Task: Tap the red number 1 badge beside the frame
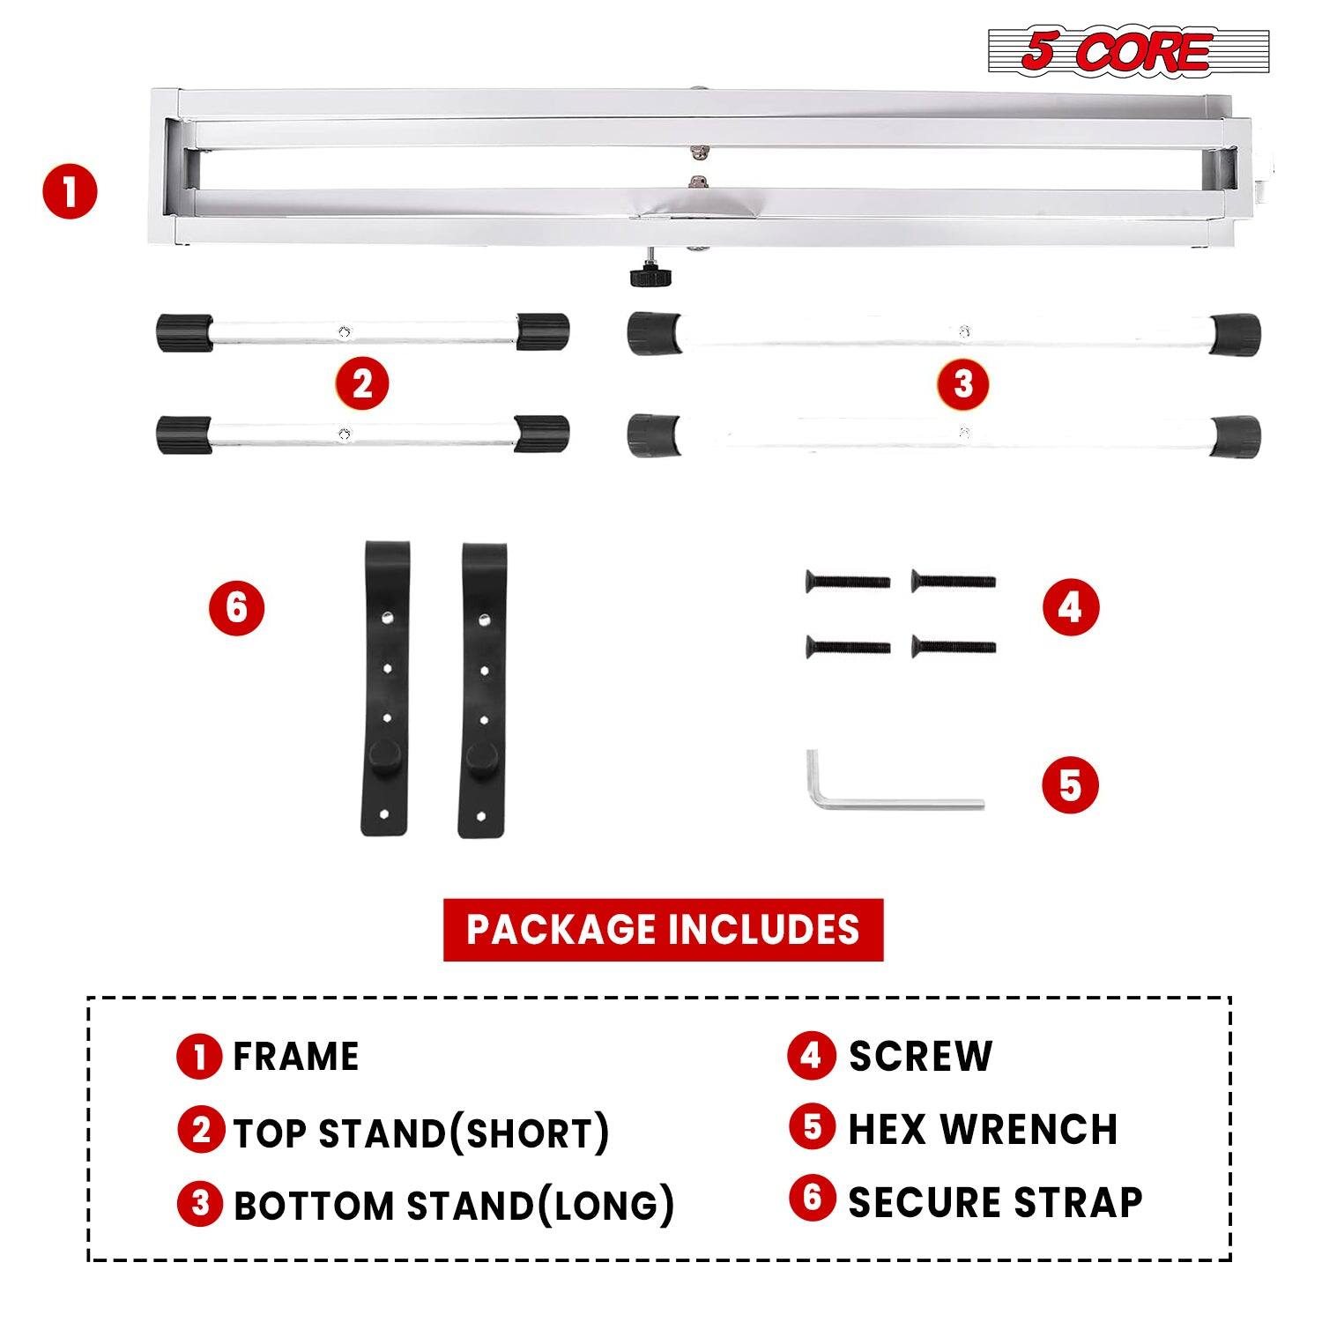(71, 193)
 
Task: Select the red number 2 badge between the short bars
(362, 384)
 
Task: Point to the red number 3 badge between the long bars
(963, 384)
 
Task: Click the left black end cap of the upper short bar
(184, 332)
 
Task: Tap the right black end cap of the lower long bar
(1236, 436)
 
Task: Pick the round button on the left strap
(384, 755)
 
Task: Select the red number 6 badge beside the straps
(236, 608)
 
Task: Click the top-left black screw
(847, 582)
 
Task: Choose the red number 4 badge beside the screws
(1071, 608)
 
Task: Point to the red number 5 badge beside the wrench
(1071, 784)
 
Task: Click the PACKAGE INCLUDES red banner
(663, 930)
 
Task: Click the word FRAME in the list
(296, 1057)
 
